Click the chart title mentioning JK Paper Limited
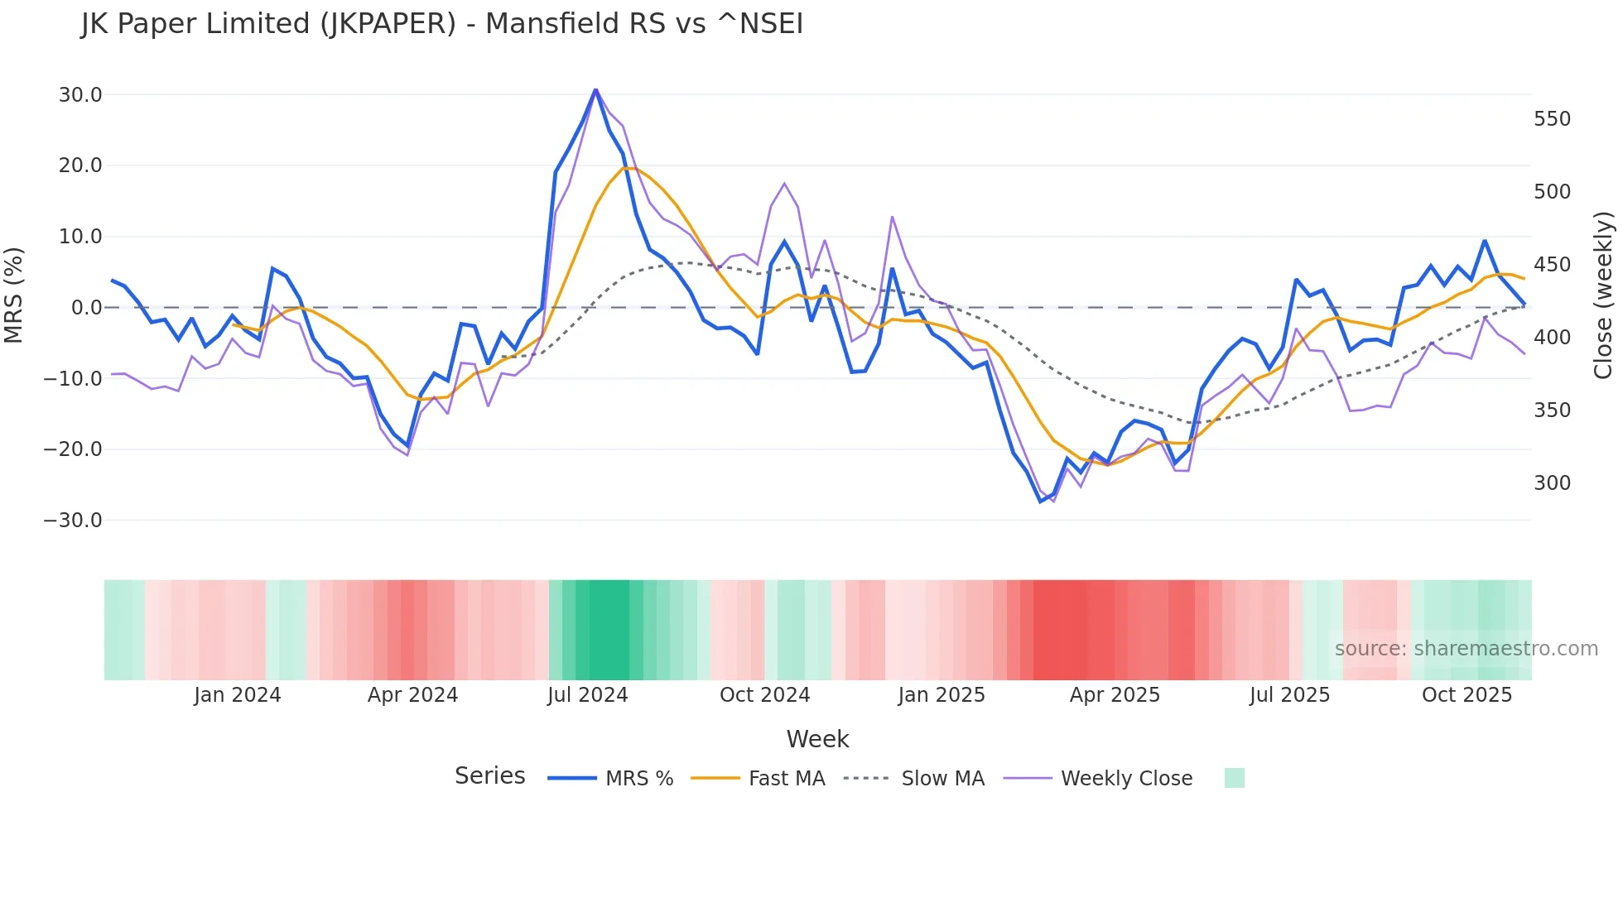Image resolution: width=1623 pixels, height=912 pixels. click(442, 24)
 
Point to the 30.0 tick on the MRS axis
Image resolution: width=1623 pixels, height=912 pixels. click(80, 95)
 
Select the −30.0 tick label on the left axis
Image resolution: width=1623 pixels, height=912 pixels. click(73, 521)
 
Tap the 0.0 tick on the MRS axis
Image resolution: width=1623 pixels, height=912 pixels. click(86, 308)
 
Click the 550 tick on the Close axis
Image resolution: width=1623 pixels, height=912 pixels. click(1552, 119)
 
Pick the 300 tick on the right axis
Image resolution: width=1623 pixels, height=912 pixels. click(1552, 483)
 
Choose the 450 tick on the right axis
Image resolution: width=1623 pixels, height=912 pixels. click(1552, 265)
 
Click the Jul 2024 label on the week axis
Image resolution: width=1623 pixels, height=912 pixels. click(588, 695)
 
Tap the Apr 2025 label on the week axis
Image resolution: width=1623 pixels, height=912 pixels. click(1115, 695)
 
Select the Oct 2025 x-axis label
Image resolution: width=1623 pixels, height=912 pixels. click(1466, 695)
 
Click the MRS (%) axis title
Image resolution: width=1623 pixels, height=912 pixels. click(14, 295)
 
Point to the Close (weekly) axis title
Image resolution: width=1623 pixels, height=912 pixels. click(1604, 295)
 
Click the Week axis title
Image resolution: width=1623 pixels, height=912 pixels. click(817, 739)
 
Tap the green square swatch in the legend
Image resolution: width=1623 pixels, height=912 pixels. click(1234, 778)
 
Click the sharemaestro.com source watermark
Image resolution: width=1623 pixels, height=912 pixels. click(1466, 649)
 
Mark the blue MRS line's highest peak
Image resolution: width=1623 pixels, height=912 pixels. click(595, 89)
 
